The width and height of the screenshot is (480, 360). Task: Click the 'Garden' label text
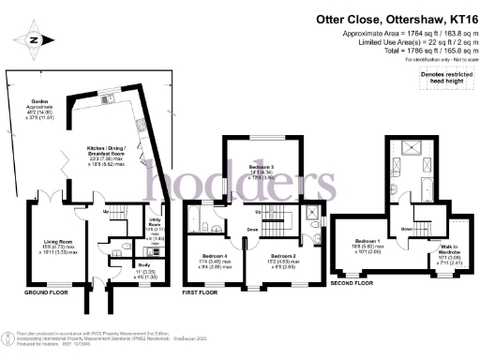tap(40, 100)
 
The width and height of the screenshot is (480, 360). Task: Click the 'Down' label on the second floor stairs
tap(407, 229)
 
